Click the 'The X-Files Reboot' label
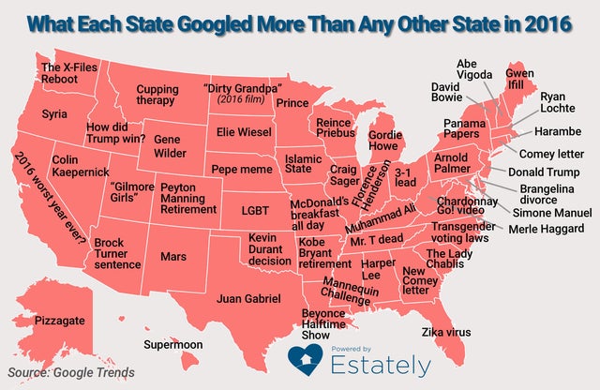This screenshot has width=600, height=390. pyautogui.click(x=68, y=76)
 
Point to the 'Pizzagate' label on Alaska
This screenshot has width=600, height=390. pyautogui.click(x=59, y=321)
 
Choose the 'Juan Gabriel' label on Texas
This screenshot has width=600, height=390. pyautogui.click(x=248, y=299)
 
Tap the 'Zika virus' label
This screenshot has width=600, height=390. pyautogui.click(x=446, y=333)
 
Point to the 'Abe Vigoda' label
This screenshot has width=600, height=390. pyautogui.click(x=473, y=70)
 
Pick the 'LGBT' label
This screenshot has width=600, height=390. pyautogui.click(x=255, y=210)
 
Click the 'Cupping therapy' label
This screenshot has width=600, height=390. pyautogui.click(x=157, y=95)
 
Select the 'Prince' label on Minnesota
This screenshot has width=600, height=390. pyautogui.click(x=293, y=102)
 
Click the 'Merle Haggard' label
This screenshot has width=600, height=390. pyautogui.click(x=547, y=229)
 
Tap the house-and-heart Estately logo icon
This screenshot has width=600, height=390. pyautogui.click(x=304, y=358)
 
